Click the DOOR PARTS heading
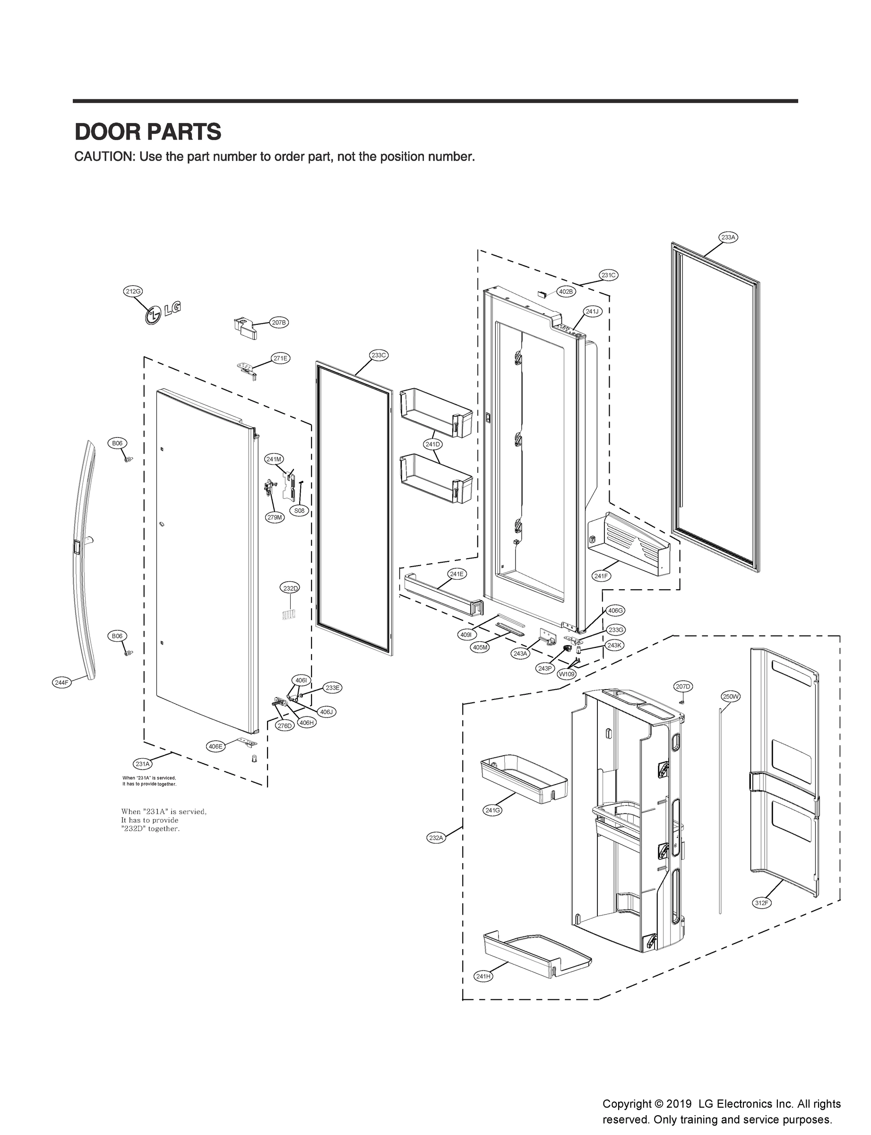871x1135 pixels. click(148, 132)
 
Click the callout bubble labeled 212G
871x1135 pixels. click(133, 291)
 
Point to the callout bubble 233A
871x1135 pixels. click(728, 237)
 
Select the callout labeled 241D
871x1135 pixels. click(432, 445)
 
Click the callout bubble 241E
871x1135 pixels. click(457, 574)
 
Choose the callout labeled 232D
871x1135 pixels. click(290, 588)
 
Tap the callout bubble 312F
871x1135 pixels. click(762, 903)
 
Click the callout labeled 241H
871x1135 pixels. click(483, 976)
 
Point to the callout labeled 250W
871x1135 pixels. click(731, 697)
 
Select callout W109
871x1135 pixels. click(566, 675)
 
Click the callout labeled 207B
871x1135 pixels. click(279, 323)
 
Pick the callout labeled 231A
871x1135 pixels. click(143, 764)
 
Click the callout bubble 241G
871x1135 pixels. click(492, 810)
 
